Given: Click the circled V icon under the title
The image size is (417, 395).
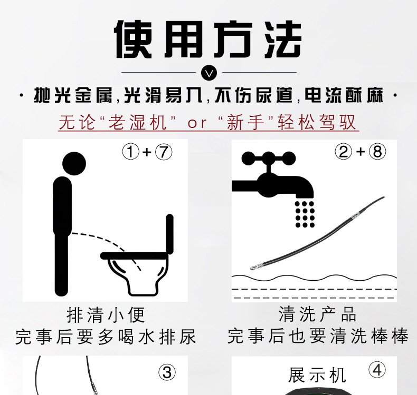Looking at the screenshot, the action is [209, 73].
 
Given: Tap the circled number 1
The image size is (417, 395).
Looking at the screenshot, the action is [130, 152].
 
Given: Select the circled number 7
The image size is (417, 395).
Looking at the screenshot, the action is [164, 152].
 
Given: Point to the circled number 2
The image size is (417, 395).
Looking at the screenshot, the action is [343, 152].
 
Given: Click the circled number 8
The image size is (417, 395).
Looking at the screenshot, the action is [377, 152].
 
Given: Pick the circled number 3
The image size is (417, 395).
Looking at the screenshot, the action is [167, 372].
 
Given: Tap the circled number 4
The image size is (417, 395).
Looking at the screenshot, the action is [377, 370].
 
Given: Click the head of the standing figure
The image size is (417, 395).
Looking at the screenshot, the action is [74, 164].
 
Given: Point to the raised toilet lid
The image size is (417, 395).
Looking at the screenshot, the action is [169, 234].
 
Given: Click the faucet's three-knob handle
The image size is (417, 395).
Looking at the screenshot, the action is [268, 159].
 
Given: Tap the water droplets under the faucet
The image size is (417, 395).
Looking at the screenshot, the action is [305, 214].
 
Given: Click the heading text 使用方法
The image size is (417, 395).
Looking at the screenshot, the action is [209, 39].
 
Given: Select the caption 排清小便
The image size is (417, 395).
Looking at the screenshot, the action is [106, 315].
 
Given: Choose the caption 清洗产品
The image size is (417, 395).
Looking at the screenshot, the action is [317, 314].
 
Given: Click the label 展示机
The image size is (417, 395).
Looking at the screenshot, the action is [317, 375].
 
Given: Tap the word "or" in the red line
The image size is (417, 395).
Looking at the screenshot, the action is [197, 123].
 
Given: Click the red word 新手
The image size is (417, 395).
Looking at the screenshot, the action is [246, 122].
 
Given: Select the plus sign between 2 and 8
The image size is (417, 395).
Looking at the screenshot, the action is [361, 152].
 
